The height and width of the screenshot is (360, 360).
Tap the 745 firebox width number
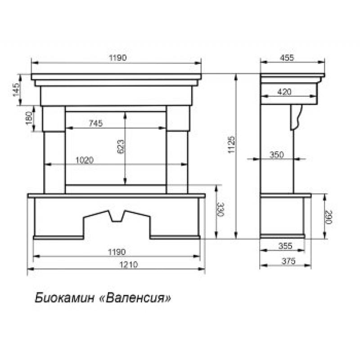pyautogui.click(x=96, y=123)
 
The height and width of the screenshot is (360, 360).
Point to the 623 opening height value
pyautogui.click(x=120, y=147)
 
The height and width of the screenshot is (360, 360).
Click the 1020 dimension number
pyautogui.click(x=84, y=160)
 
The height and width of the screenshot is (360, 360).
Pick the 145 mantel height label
pyautogui.click(x=17, y=90)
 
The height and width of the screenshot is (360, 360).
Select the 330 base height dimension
pyautogui.click(x=220, y=210)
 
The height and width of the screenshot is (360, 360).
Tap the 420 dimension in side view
pyautogui.click(x=284, y=92)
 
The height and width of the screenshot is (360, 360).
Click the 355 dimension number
pyautogui.click(x=285, y=246)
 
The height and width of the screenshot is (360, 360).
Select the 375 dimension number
pyautogui.click(x=285, y=261)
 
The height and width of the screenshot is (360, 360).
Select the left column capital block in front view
pyautogui.click(x=54, y=118)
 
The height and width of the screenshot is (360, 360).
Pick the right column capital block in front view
pyautogui.click(x=177, y=118)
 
